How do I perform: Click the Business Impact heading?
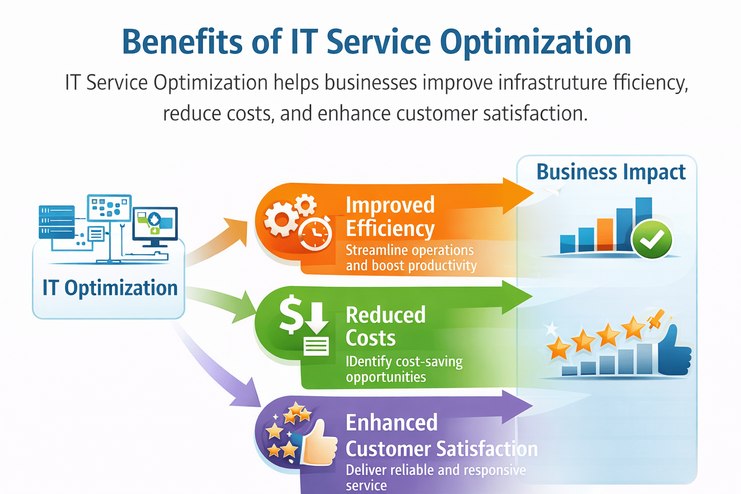(x=611, y=172)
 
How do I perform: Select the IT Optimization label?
(x=110, y=288)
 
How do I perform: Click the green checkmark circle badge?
(x=652, y=239)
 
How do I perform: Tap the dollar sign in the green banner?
(x=291, y=314)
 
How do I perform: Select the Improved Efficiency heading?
(x=390, y=217)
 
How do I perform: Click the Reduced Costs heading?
(x=385, y=327)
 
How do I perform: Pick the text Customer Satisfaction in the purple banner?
(x=441, y=449)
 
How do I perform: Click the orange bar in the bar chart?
(x=604, y=234)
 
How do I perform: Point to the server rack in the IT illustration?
(x=56, y=222)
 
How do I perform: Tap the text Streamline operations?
(x=410, y=250)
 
